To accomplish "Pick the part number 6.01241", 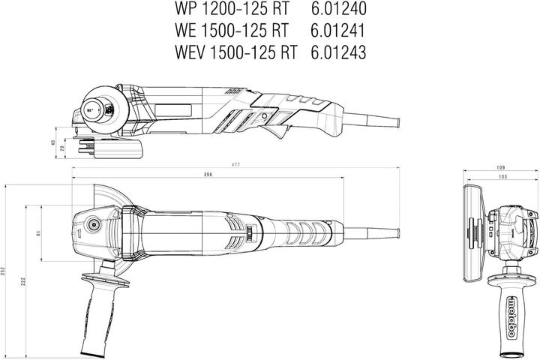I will coord(331,32).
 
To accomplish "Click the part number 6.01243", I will coord(331,52).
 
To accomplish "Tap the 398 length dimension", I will coord(207,175).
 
